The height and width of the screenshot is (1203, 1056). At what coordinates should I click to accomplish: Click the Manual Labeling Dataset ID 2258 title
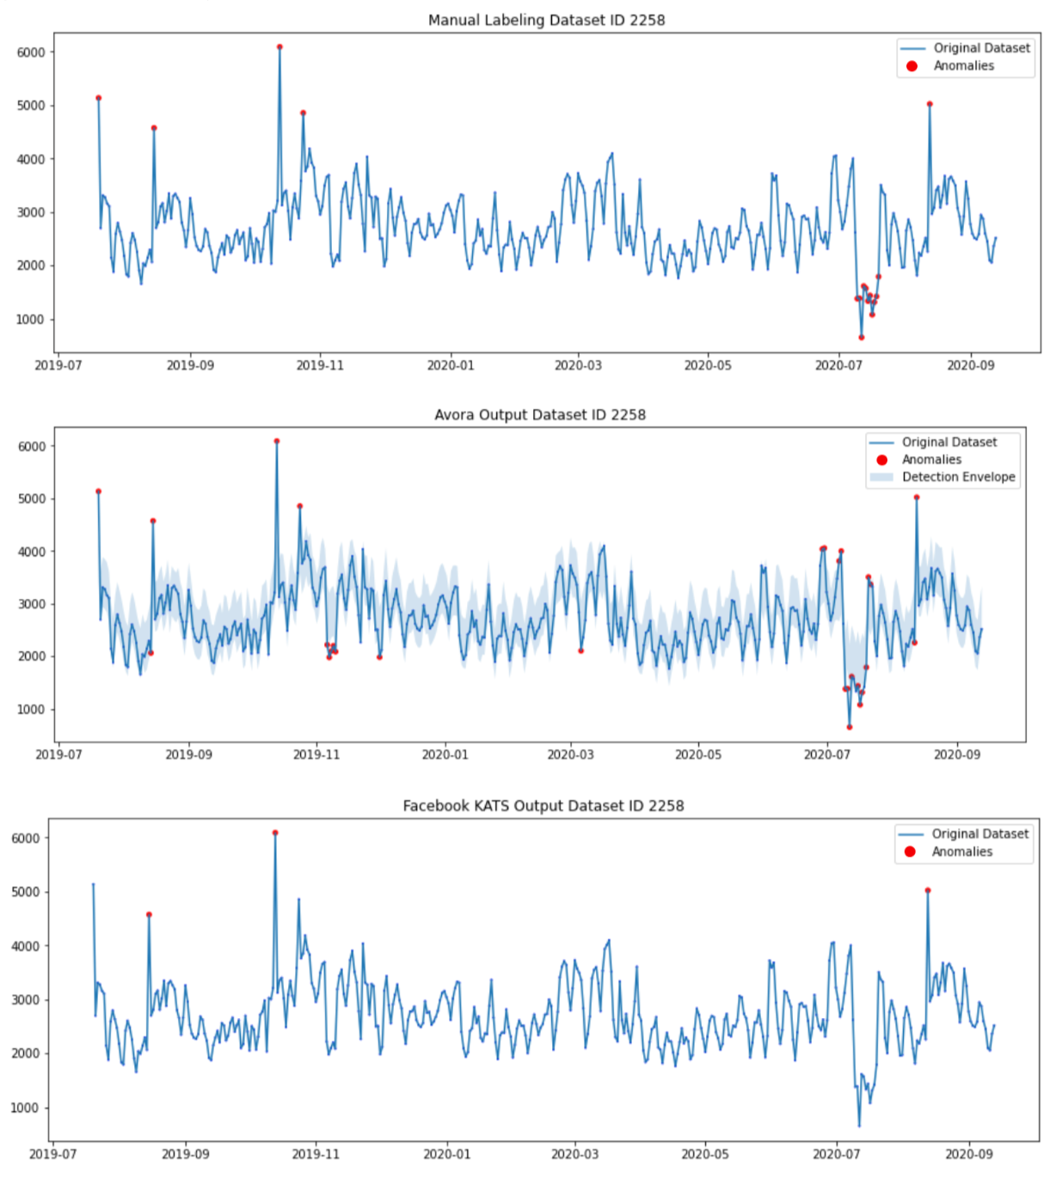point(546,20)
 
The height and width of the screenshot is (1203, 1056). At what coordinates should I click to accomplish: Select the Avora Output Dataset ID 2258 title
point(539,414)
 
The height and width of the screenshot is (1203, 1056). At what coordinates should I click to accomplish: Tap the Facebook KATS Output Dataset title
point(543,805)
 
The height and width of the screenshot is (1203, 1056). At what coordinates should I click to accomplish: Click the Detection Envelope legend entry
point(958,477)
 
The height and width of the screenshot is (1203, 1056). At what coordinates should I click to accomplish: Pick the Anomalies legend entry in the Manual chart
point(963,65)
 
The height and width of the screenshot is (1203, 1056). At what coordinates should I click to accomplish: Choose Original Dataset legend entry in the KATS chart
point(979,834)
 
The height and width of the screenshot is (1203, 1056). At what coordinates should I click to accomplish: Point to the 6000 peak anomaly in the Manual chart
point(279,47)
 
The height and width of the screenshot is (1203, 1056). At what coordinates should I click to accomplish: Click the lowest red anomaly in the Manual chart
point(861,337)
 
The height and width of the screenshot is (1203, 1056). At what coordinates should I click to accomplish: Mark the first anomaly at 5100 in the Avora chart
point(99,492)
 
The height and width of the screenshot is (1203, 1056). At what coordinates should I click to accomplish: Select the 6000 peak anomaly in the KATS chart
point(275,833)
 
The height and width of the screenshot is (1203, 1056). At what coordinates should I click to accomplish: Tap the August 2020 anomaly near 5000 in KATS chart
point(928,890)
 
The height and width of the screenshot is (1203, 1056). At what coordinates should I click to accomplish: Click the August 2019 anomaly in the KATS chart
point(149,914)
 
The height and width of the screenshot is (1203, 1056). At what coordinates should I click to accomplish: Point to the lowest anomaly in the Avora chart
point(850,727)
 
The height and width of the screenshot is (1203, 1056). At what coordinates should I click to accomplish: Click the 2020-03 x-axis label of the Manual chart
point(578,365)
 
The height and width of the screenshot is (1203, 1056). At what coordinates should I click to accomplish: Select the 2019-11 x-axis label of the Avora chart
point(317,754)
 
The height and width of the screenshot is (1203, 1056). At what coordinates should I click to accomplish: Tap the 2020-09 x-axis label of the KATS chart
point(968,1153)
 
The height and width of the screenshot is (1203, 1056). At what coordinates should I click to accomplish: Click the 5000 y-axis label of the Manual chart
point(31,106)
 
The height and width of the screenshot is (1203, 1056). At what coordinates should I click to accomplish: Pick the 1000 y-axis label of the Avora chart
point(31,709)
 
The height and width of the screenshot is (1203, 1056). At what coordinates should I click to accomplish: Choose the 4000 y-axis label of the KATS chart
point(28,946)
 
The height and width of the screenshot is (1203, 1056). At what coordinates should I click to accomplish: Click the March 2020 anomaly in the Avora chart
point(581,650)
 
